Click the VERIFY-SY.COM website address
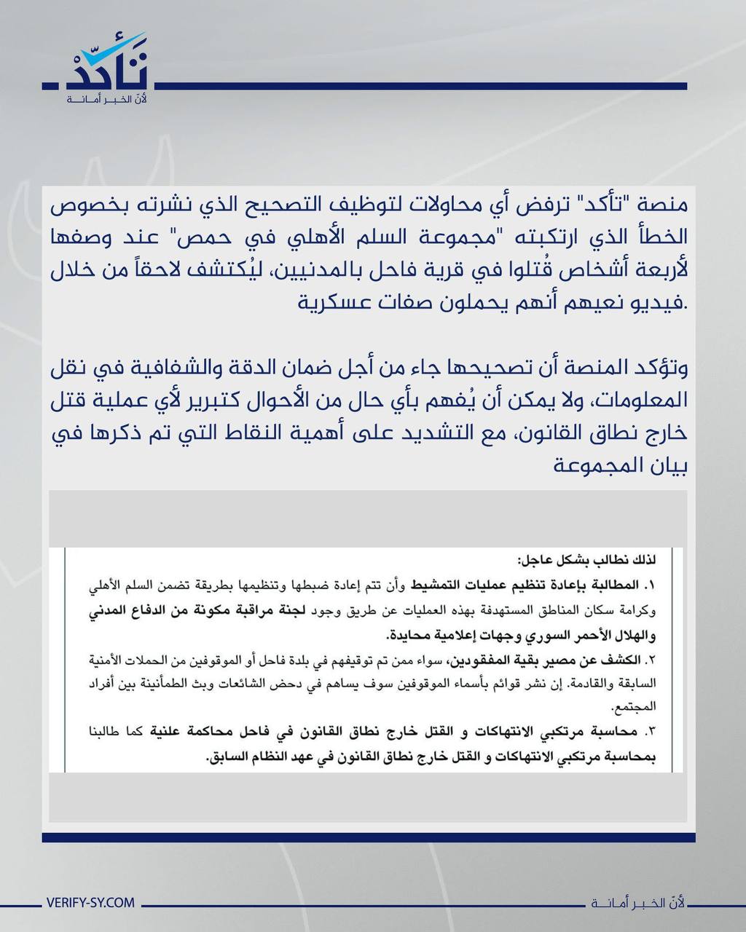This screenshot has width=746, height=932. [90, 902]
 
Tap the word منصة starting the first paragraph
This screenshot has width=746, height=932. [663, 205]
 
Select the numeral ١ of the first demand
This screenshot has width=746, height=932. [651, 585]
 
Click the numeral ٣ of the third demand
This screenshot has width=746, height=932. [651, 732]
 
